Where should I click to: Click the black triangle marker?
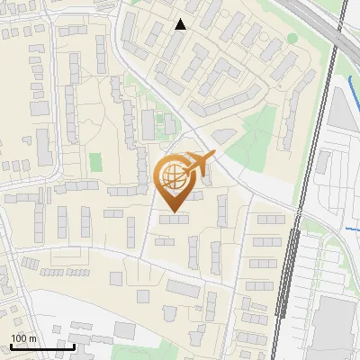pyautogui.click(x=181, y=24)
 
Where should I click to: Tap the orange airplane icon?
pyautogui.click(x=199, y=165)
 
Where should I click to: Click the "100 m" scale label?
pyautogui.click(x=23, y=337)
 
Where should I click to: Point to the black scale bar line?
pyautogui.click(x=42, y=346)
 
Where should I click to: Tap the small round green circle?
pyautogui.click(x=292, y=39)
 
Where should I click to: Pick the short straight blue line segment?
pyautogui.click(x=351, y=229)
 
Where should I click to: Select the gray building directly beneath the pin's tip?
pyautogui.click(x=175, y=219)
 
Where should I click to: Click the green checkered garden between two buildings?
pyautogui.click(x=167, y=126)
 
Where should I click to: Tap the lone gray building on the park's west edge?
pyautogui.click(x=222, y=135)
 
